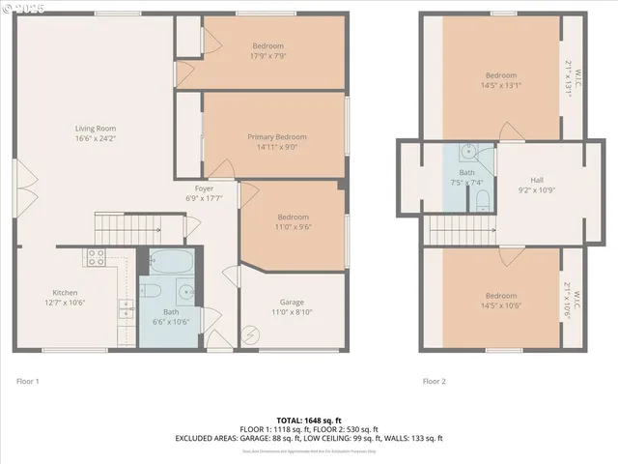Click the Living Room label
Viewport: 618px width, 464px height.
(x=96, y=128)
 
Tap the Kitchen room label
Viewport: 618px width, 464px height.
(x=65, y=292)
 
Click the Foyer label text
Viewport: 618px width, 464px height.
(x=204, y=188)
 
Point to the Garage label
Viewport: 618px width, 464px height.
(x=292, y=302)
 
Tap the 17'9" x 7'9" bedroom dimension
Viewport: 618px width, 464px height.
(x=267, y=55)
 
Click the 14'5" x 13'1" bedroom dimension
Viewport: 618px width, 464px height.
(x=500, y=84)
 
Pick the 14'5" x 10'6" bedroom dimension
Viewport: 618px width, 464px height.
(x=500, y=305)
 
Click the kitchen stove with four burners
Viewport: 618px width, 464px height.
(x=97, y=257)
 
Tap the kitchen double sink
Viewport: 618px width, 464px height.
(x=126, y=308)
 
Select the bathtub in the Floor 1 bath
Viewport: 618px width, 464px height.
(x=171, y=262)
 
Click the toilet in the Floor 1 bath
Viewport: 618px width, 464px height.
(x=151, y=291)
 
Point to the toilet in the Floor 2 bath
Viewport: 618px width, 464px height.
(x=482, y=200)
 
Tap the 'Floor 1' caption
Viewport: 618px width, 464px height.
(x=28, y=381)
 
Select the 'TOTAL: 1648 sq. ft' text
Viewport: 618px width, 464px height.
(x=309, y=420)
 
